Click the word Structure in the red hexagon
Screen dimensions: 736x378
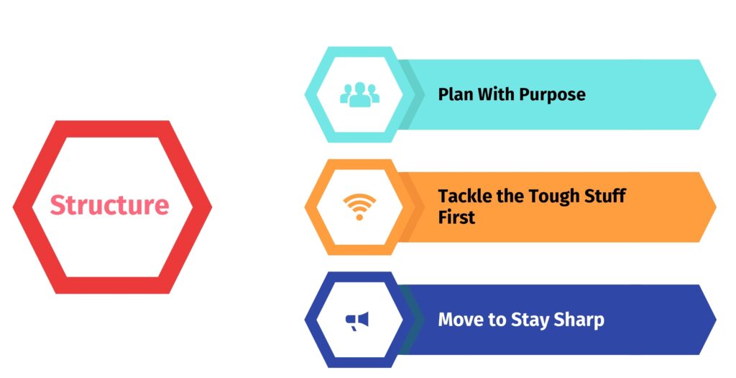pos(109,205)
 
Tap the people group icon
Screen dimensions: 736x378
pos(359,94)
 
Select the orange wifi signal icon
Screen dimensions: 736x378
pos(359,207)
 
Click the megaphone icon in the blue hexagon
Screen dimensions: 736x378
pos(357,321)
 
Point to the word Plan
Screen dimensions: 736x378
pos(456,94)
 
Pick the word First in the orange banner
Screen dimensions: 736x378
pos(456,217)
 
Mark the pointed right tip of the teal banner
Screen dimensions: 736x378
pos(717,94)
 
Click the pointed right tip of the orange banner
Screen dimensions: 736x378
pos(717,207)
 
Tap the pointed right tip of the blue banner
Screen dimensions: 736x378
pos(717,320)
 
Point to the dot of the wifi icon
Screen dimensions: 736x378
pos(359,217)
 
